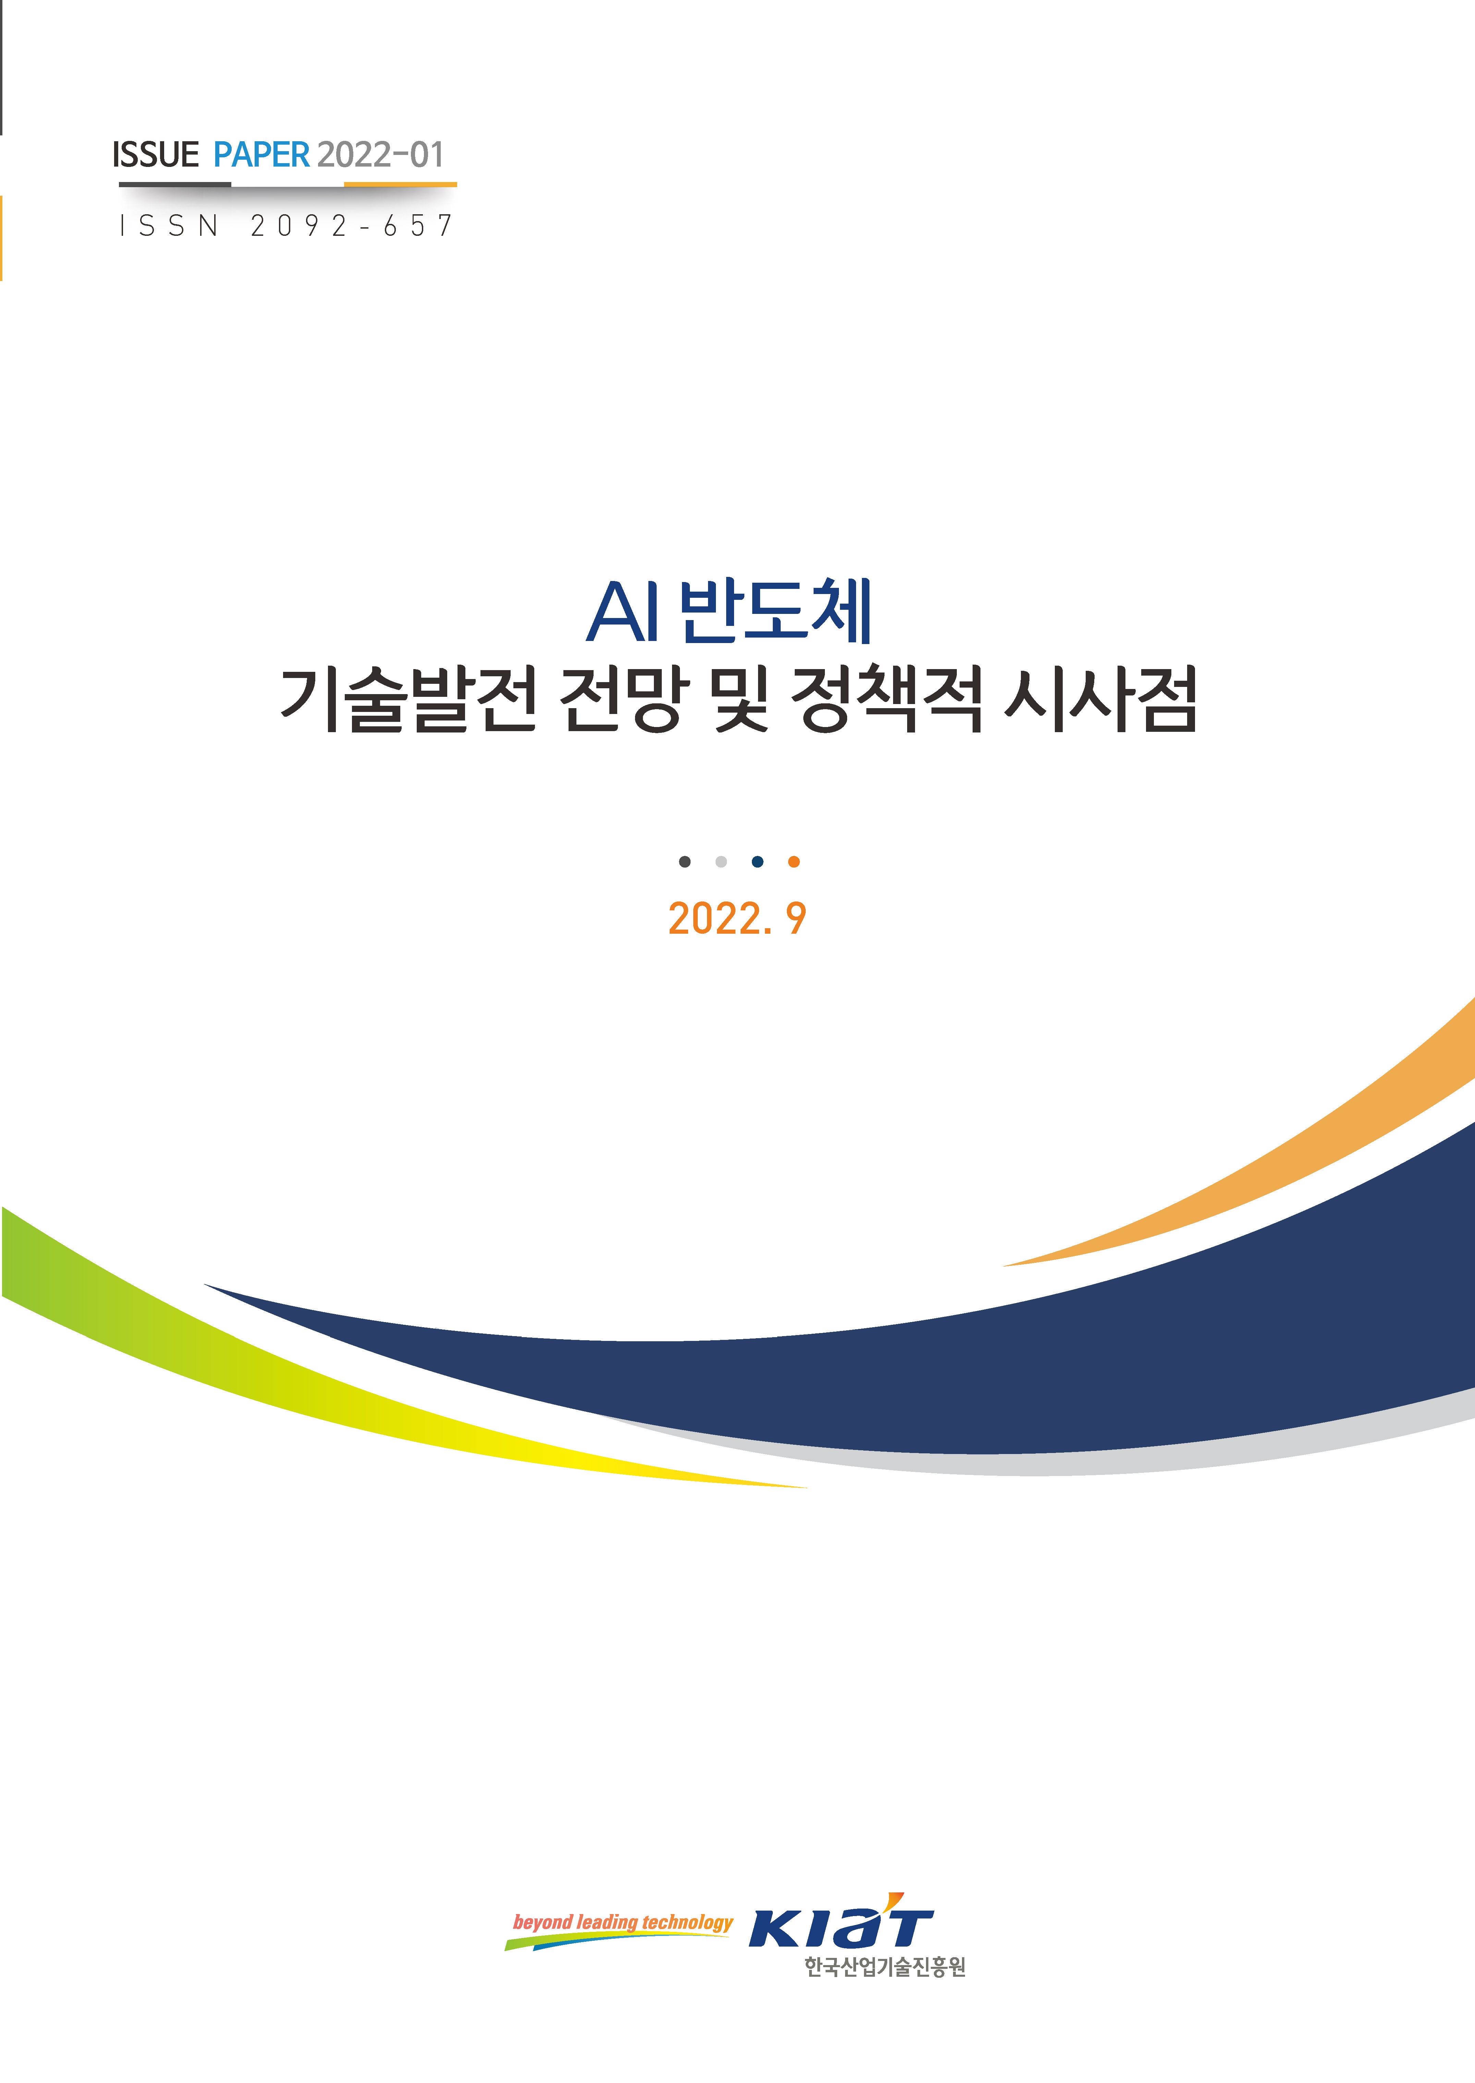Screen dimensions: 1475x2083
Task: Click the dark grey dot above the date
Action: click(x=685, y=861)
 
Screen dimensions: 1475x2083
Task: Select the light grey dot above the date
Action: click(x=721, y=861)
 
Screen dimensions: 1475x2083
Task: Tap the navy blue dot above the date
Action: click(x=757, y=861)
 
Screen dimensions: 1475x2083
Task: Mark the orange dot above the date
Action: click(x=794, y=861)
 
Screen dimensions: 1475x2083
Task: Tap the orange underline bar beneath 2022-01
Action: click(x=401, y=184)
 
